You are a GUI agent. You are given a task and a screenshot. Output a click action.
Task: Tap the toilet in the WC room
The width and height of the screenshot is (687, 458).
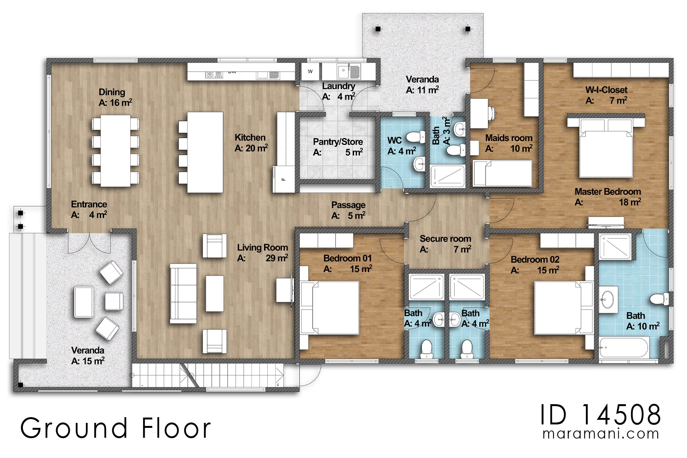click(416, 137)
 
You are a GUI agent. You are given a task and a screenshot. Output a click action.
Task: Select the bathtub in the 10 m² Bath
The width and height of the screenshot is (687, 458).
click(623, 347)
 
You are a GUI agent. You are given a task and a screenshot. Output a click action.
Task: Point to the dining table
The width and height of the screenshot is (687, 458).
click(115, 151)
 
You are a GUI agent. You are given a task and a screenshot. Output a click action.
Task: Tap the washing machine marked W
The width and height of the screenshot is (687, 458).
click(310, 71)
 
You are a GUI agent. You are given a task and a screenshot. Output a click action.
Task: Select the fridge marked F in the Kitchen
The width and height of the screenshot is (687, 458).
click(284, 179)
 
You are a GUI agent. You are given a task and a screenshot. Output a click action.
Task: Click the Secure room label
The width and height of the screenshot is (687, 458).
click(445, 239)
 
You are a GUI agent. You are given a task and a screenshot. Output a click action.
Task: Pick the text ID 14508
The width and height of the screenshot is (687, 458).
click(600, 414)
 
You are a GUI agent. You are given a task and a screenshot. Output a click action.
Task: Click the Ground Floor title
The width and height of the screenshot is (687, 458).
click(115, 428)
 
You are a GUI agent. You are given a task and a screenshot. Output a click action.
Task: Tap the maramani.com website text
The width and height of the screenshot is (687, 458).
click(601, 434)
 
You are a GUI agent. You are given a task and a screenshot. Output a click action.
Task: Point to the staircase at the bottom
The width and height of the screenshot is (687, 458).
click(208, 375)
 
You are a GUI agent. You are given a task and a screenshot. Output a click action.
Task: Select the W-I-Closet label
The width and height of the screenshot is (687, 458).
click(606, 90)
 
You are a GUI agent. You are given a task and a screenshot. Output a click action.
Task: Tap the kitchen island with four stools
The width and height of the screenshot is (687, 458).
click(201, 152)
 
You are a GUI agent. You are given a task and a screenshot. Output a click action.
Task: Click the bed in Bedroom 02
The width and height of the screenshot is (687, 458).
click(564, 308)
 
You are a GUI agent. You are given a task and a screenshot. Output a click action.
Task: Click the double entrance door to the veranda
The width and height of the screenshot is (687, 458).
click(89, 242)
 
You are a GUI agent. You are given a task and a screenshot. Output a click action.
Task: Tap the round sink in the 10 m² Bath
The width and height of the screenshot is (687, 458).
click(607, 300)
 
